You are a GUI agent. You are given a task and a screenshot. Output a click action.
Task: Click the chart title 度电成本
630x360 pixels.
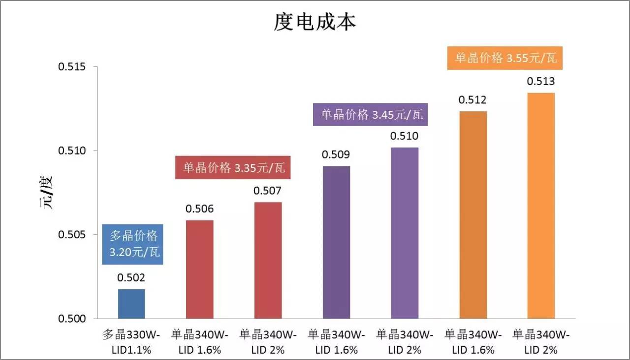coord(315,23)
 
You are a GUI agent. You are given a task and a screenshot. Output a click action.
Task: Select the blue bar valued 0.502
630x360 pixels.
coord(131,304)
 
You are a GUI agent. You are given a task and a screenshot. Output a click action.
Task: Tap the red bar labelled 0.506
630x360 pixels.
coord(200,269)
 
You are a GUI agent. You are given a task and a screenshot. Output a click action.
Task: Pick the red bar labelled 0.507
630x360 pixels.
coord(268,260)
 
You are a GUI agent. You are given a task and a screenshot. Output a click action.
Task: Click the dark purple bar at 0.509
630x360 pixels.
coord(336,242)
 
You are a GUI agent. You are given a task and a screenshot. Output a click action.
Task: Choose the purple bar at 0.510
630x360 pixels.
coord(405,233)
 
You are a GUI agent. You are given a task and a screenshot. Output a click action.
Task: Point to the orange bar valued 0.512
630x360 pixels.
coord(473,215)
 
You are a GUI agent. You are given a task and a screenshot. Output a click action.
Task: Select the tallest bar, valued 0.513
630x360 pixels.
coord(541,205)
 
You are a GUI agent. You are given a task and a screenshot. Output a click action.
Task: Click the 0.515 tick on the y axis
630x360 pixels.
coord(72,67)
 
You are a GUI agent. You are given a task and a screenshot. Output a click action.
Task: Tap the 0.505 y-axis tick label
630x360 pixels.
coord(72,235)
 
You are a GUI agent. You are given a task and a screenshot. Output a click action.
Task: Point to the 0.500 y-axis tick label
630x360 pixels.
coord(72,319)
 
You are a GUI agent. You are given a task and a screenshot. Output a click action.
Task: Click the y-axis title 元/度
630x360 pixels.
coord(46,193)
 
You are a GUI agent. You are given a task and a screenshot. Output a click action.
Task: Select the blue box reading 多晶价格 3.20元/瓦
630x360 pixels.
coord(133,244)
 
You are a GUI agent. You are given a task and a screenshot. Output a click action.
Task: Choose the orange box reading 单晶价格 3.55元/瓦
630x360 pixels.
coord(506,58)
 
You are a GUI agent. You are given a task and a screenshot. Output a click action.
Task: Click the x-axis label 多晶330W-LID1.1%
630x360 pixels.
coord(131,342)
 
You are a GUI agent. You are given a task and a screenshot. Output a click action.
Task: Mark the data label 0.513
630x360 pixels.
coord(541,82)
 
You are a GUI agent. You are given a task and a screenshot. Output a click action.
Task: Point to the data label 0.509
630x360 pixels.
coord(336,155)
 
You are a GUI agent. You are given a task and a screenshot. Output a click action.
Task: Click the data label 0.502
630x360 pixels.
coord(131,278)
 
